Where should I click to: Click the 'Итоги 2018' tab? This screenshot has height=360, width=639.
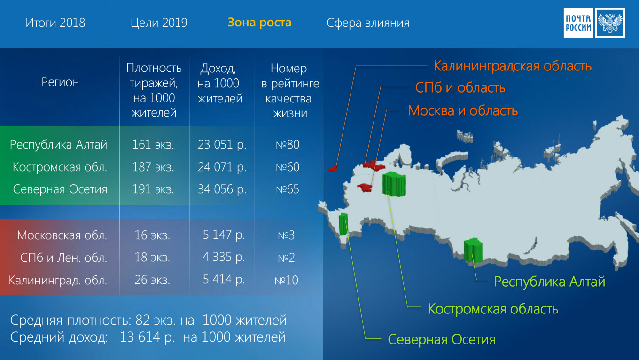[55, 23]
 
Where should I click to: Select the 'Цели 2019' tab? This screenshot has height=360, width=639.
[159, 23]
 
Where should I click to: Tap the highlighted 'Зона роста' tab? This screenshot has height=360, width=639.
[259, 23]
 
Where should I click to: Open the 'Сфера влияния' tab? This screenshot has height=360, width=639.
[368, 23]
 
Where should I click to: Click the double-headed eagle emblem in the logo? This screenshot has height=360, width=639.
[610, 23]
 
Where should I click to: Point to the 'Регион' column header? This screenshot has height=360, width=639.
[60, 82]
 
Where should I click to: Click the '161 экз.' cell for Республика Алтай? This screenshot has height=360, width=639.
[153, 144]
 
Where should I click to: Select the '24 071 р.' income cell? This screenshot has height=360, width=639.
[222, 167]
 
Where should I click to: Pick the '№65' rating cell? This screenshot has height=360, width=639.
[288, 189]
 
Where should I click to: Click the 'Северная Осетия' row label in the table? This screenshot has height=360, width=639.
[60, 189]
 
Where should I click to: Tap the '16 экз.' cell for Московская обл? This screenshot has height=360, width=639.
[152, 235]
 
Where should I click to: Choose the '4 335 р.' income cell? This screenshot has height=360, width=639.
[224, 257]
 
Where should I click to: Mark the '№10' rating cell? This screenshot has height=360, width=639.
[287, 280]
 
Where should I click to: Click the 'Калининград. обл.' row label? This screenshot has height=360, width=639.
[58, 281]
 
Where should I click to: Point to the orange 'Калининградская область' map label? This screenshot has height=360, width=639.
[513, 66]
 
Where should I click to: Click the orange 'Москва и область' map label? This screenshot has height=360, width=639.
[463, 110]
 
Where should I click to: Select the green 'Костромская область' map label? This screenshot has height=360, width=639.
[493, 309]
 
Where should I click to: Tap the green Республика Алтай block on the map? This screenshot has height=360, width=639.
[473, 250]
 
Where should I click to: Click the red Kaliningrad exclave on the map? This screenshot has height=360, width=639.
[332, 169]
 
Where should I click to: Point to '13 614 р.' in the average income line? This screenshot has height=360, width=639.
[147, 337]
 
